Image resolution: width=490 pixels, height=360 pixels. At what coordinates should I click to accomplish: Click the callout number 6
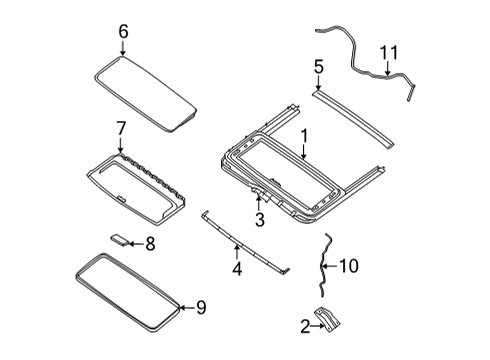pyautogui.click(x=123, y=32)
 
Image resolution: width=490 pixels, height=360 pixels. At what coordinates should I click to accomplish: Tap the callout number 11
pyautogui.click(x=389, y=53)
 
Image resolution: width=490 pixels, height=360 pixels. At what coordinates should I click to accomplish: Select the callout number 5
pyautogui.click(x=319, y=67)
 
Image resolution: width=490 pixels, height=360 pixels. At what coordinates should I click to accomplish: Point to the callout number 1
pyautogui.click(x=304, y=137)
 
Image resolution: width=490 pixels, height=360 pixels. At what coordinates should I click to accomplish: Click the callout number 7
pyautogui.click(x=121, y=128)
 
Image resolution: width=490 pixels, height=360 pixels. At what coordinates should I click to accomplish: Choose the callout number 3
pyautogui.click(x=260, y=220)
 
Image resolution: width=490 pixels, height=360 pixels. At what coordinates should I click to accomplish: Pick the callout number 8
pyautogui.click(x=150, y=244)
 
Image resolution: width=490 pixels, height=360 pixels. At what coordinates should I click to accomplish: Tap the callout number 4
pyautogui.click(x=237, y=269)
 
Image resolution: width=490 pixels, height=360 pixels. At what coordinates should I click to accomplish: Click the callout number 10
pyautogui.click(x=349, y=266)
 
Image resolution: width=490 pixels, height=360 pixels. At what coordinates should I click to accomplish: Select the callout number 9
pyautogui.click(x=201, y=307)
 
